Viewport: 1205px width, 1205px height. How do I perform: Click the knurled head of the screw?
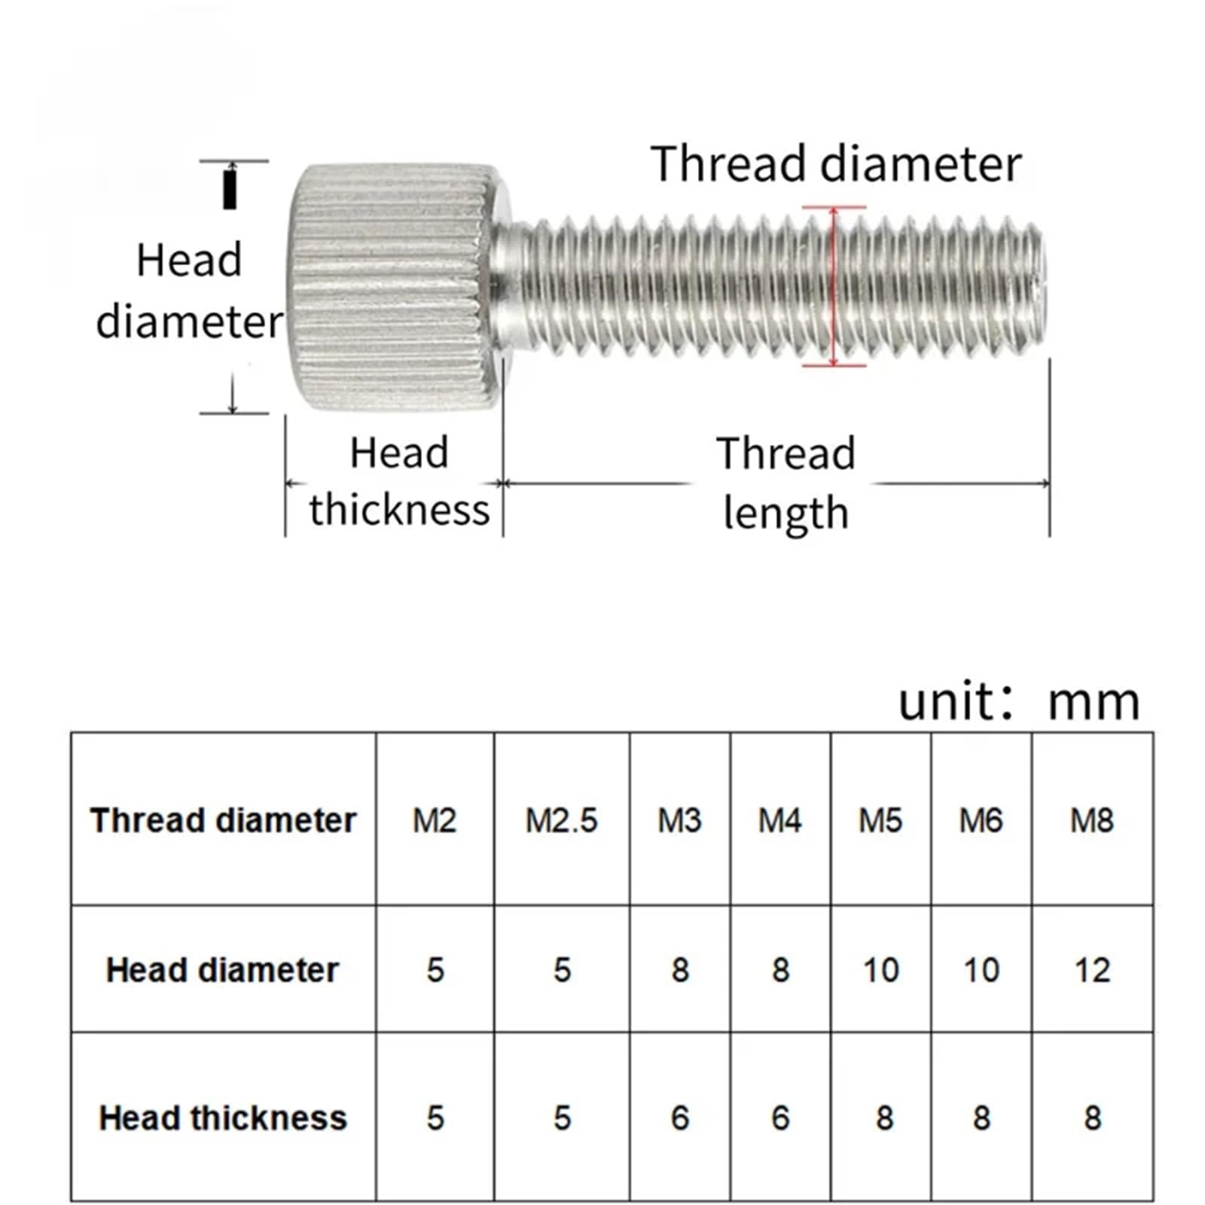392,288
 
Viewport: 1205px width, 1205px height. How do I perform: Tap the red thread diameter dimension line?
834,286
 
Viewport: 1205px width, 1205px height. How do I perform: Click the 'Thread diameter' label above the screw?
836,163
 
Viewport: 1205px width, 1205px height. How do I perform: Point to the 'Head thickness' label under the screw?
399,481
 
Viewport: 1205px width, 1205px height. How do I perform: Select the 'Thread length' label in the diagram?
786,483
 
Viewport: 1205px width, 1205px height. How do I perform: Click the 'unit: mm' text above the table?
1019,701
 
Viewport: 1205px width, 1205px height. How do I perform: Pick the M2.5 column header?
561,820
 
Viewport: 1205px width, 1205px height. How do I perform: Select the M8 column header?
1092,820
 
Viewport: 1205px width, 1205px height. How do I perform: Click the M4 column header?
779,820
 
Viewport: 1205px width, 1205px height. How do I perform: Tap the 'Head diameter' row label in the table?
223,969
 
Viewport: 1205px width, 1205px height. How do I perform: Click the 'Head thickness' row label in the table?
223,1118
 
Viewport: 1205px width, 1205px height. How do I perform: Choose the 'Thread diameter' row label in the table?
223,820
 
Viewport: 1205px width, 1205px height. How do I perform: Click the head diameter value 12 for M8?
1092,970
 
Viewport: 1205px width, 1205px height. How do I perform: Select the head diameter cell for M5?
880,970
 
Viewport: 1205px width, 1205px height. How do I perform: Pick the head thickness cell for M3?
679,1118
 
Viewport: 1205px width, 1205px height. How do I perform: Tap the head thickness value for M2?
435,1118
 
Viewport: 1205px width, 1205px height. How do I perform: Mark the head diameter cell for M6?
981,970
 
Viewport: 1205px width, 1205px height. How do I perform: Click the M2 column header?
435,820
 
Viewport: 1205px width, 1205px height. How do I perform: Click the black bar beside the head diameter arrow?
230,190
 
